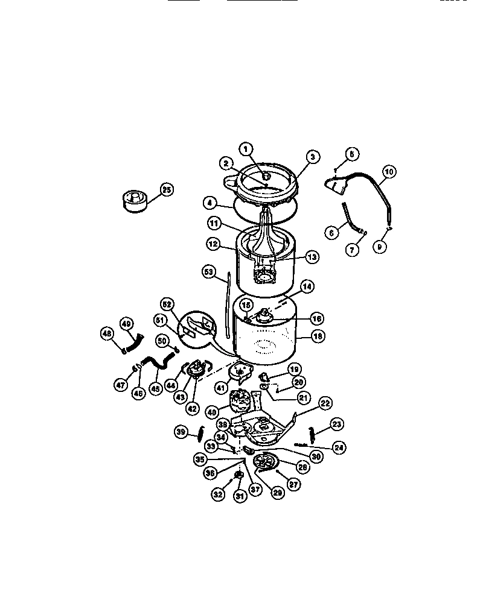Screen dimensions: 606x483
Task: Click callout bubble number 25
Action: [x=165, y=190]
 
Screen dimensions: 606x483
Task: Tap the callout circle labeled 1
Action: [x=245, y=148]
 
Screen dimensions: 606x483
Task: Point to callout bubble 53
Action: [x=208, y=272]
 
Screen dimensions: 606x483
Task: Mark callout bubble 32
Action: [x=218, y=494]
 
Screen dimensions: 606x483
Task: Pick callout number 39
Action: [x=181, y=431]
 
